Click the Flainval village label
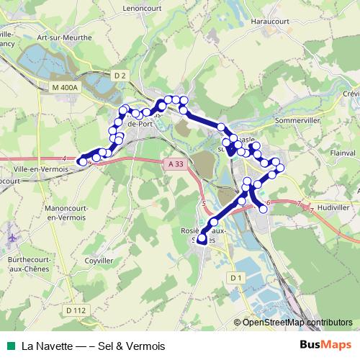[x=332, y=153]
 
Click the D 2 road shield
[x=120, y=75]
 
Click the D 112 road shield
[x=75, y=310]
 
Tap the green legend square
[x=9, y=346]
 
